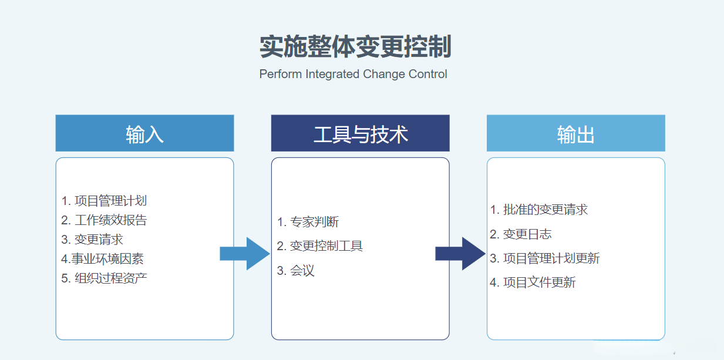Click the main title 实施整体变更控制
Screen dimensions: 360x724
pyautogui.click(x=355, y=47)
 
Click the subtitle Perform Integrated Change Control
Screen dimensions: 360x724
pyautogui.click(x=353, y=74)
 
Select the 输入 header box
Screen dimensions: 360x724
pyautogui.click(x=144, y=133)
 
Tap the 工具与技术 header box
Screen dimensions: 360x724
pyautogui.click(x=360, y=133)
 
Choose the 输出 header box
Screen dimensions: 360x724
pyautogui.click(x=575, y=133)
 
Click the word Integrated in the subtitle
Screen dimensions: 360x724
pyautogui.click(x=332, y=74)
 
